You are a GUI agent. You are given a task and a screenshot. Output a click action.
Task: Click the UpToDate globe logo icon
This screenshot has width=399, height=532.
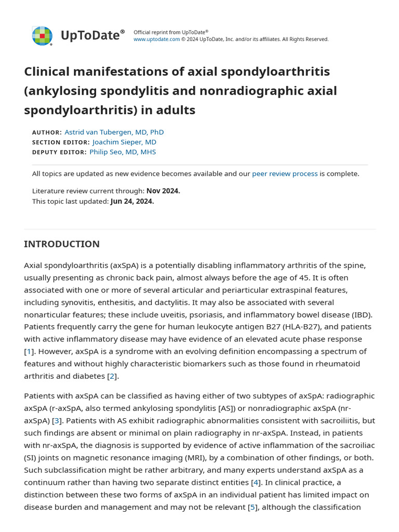coord(42,36)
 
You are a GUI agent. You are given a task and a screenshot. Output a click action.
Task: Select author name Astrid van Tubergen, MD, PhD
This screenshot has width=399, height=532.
coord(114,132)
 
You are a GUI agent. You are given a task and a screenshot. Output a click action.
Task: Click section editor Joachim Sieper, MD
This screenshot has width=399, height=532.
coord(124,142)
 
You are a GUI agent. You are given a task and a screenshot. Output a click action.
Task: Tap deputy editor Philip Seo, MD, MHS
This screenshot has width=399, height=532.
coord(123,152)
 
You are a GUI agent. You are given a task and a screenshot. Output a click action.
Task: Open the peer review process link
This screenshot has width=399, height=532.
coord(285,174)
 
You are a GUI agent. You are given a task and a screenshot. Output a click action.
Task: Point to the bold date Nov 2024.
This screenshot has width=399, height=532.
coord(163,191)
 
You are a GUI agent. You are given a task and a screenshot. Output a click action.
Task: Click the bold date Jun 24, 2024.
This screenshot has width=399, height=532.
coord(132,201)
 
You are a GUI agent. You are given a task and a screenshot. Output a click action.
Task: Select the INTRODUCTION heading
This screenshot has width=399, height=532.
coord(62,244)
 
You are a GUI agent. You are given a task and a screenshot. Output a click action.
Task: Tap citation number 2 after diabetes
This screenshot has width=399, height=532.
coord(112,376)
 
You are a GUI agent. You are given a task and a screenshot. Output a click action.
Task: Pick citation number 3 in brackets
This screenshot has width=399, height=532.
coord(57,420)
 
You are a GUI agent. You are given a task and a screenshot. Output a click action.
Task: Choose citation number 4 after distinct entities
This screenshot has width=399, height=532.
coord(256,482)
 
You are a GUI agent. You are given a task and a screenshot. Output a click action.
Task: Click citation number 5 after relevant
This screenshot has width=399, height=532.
coord(253,507)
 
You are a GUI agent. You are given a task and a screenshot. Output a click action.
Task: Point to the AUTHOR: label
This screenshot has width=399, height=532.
coord(47,132)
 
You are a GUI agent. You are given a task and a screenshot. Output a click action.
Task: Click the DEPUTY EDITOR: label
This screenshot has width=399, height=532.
coord(59,152)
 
